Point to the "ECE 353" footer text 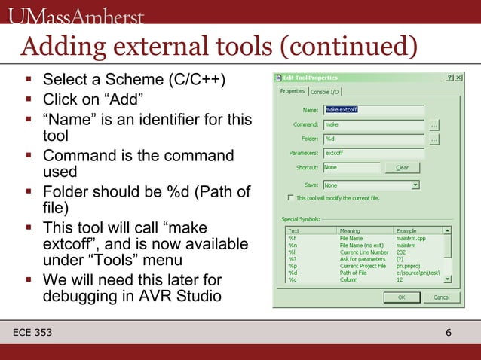(36, 333)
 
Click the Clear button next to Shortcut (402, 167)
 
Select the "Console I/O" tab (324, 92)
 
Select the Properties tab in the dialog (293, 91)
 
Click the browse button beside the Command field (434, 125)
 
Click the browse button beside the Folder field (434, 139)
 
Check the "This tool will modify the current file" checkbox (291, 198)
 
